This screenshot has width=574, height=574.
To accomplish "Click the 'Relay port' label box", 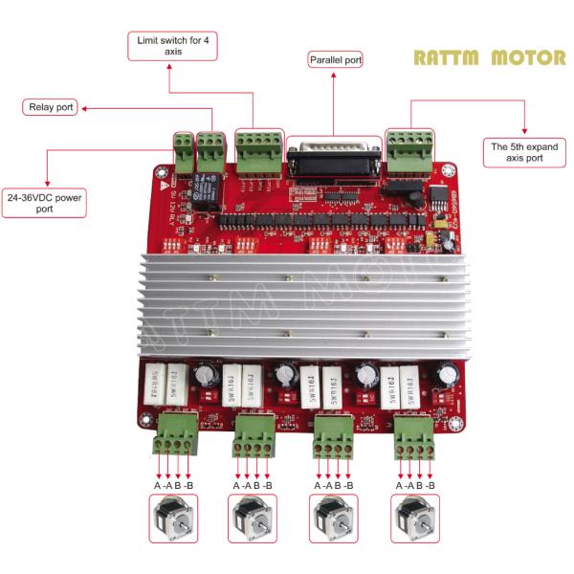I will pos(49,108).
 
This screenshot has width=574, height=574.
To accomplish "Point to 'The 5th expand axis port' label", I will pos(524,152).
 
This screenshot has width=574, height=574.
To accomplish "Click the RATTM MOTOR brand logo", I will pos(489,57).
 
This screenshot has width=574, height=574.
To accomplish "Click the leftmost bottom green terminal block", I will pos(174,432).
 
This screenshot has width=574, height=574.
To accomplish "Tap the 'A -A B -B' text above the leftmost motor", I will pos(173,487).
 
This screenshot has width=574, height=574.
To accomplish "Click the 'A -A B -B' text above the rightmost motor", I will pos(416,487).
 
